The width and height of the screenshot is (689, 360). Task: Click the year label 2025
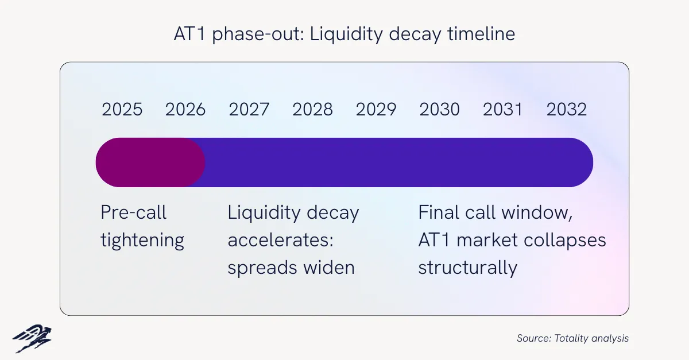click(122, 109)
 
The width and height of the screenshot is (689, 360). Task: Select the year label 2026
click(185, 109)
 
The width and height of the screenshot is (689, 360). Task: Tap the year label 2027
click(249, 109)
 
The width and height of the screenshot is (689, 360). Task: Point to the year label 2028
click(312, 109)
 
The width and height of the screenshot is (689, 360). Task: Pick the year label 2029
click(376, 109)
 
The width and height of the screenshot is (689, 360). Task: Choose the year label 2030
click(440, 109)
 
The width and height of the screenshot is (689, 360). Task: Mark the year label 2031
click(502, 109)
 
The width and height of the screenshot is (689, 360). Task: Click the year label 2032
click(567, 109)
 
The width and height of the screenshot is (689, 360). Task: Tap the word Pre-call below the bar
click(133, 212)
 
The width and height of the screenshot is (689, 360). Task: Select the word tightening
click(142, 241)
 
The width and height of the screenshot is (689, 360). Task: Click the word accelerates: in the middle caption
click(281, 240)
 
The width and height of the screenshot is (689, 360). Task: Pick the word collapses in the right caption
click(565, 241)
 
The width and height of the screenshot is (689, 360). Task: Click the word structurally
click(468, 268)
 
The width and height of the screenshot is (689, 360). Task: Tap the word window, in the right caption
click(537, 212)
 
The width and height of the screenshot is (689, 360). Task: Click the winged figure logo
click(32, 338)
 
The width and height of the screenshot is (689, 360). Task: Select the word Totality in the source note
click(571, 338)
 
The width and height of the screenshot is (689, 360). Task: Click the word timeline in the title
click(481, 33)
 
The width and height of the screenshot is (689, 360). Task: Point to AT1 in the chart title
click(189, 34)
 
